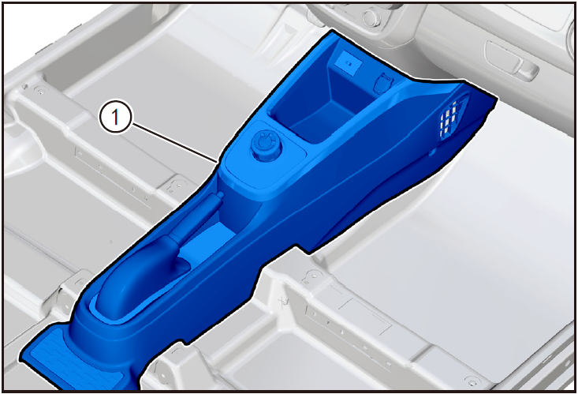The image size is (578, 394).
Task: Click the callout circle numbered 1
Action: [115, 118]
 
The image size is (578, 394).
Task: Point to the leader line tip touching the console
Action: [218, 161]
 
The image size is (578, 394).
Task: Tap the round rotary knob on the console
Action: [266, 144]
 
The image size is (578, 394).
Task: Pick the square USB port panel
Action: [348, 64]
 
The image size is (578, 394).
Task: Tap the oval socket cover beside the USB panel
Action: [383, 82]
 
